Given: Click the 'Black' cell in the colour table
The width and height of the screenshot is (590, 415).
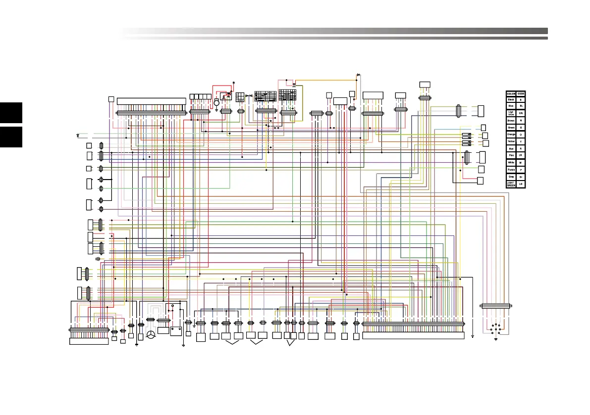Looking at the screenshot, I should click(x=511, y=99).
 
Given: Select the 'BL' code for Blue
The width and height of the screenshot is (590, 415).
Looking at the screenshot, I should click(x=521, y=106).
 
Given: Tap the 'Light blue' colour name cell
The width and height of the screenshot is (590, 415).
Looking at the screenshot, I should click(x=511, y=113).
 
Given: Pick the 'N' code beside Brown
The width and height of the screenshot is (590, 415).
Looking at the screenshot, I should click(x=521, y=120).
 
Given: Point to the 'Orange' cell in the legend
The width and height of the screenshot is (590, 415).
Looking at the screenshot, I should click(x=511, y=135).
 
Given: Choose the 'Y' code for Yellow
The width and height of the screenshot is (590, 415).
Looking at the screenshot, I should click(x=521, y=141).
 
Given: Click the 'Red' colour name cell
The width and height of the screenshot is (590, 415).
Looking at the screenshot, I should click(x=511, y=148).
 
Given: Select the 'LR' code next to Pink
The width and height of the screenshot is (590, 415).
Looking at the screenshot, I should click(x=521, y=155).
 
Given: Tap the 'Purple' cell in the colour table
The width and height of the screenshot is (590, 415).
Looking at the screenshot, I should click(x=511, y=170).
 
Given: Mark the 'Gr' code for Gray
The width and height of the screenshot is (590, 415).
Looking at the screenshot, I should click(x=521, y=177).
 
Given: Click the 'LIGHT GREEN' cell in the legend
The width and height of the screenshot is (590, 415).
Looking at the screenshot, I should click(x=511, y=184).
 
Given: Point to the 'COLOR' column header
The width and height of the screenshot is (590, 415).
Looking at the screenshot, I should click(x=511, y=93).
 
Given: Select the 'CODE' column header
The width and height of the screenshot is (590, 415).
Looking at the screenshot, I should click(x=521, y=93).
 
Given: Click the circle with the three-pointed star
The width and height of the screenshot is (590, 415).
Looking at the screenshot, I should click(x=151, y=335).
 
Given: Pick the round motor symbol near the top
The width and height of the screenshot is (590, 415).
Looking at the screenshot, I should click(x=216, y=102).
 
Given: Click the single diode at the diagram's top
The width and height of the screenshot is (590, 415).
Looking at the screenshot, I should click(x=358, y=75).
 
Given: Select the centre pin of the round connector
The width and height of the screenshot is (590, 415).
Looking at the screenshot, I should click(x=495, y=329).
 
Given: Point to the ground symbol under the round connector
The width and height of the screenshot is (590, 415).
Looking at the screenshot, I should click(x=495, y=339).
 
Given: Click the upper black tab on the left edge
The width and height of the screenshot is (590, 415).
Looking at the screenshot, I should click(x=11, y=113).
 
